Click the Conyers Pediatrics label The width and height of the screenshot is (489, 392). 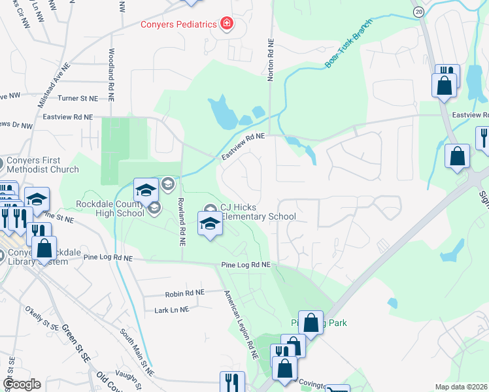(x=179, y=24)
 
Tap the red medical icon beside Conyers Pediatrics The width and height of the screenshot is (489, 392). (x=227, y=24)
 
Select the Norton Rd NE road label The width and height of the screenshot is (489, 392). (x=270, y=59)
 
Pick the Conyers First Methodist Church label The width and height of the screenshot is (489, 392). (x=42, y=165)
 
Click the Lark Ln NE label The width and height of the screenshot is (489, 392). (x=171, y=309)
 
